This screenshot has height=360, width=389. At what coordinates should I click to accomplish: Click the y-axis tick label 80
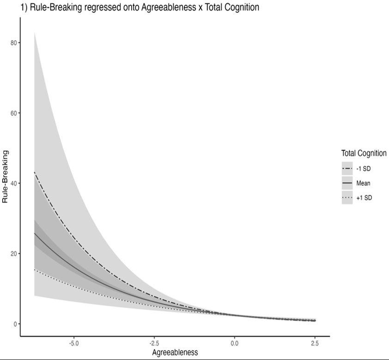coord(14,43)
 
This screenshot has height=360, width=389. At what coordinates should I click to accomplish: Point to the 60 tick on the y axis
coord(14,113)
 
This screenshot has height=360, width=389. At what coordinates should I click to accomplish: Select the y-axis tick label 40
coord(14,183)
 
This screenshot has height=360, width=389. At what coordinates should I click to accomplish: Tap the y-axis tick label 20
coord(14,253)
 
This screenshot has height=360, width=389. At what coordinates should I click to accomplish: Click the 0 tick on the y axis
coord(16,324)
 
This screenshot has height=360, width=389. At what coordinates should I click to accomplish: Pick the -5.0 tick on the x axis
coord(73,343)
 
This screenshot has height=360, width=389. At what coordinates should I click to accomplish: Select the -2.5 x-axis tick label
coord(154,343)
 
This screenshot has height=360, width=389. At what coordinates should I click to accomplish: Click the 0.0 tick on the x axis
coord(235,343)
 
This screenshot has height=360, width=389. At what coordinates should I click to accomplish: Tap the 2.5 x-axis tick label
coord(315,343)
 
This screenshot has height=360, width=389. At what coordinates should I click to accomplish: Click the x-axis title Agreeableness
coord(175,353)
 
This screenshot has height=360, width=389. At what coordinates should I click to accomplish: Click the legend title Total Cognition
coord(364,153)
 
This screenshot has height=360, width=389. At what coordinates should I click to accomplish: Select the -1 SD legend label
coord(364,168)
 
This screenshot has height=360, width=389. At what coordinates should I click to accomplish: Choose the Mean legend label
coord(364,183)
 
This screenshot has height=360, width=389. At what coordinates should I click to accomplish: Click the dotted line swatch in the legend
coord(347,198)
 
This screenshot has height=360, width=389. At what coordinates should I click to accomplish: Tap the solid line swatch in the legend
coord(347,183)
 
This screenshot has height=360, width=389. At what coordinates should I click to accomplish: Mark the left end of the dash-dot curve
coord(35,172)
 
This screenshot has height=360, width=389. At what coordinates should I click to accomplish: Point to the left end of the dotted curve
coord(35,270)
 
